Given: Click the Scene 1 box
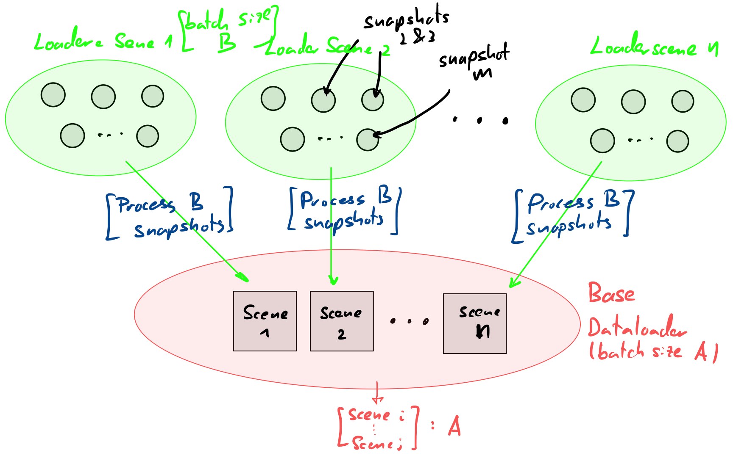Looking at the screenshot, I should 265,321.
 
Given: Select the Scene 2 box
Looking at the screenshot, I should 342,321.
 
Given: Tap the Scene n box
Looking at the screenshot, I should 475,323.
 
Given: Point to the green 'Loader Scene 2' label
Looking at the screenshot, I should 326,47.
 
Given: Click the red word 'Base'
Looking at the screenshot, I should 611,293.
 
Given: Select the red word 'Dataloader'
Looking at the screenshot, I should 637,328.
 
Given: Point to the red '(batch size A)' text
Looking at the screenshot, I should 653,351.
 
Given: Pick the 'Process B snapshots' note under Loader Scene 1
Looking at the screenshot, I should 170,214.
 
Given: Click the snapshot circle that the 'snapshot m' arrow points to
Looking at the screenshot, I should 368,140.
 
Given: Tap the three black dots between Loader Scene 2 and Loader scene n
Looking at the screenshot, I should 479,120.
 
